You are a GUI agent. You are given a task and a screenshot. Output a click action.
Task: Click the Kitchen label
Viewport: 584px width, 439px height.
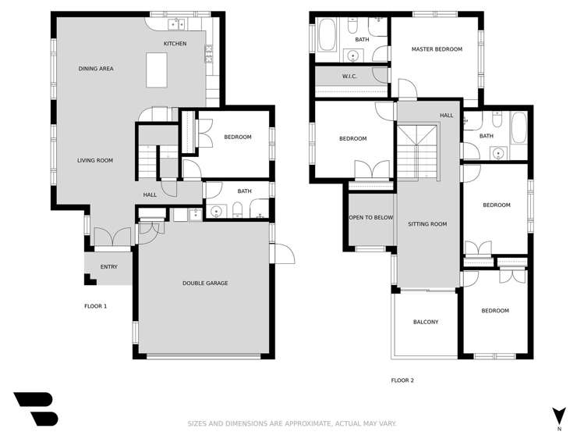click(175, 44)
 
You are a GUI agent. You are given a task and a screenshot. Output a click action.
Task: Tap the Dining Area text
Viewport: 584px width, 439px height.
click(96, 69)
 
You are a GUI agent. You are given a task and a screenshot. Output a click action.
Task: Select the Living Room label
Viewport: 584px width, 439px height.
click(95, 160)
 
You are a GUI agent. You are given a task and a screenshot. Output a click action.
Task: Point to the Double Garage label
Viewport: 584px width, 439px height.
click(205, 283)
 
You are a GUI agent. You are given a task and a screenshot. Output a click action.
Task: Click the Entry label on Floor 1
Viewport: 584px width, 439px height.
click(109, 267)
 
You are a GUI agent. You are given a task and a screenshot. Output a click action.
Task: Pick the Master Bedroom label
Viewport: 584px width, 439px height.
click(437, 49)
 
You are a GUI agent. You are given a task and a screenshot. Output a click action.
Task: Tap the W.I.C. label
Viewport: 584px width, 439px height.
click(349, 76)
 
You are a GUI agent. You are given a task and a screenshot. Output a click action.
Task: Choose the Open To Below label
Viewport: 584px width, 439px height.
click(370, 218)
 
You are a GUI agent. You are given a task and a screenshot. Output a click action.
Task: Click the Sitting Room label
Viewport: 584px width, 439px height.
click(427, 224)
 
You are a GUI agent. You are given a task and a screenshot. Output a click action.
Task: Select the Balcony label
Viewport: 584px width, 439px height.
click(426, 322)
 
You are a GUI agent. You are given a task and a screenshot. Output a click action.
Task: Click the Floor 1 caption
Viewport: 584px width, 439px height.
click(95, 306)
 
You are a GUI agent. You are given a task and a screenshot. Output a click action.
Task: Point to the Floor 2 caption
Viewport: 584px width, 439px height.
click(402, 380)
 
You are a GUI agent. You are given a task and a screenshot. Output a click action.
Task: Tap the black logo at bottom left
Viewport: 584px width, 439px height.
click(36, 409)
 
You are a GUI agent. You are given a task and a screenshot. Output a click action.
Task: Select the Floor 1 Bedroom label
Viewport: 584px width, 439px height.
click(238, 137)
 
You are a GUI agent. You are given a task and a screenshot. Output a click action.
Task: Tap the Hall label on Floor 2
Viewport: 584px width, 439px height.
click(446, 116)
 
